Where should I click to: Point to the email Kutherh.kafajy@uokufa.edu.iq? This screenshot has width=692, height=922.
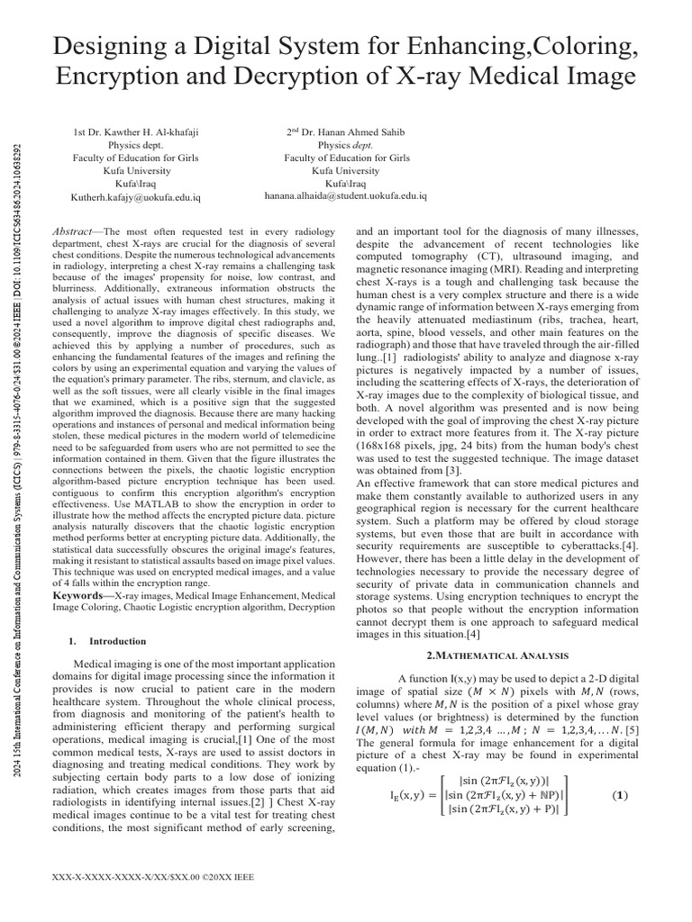point(135,195)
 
